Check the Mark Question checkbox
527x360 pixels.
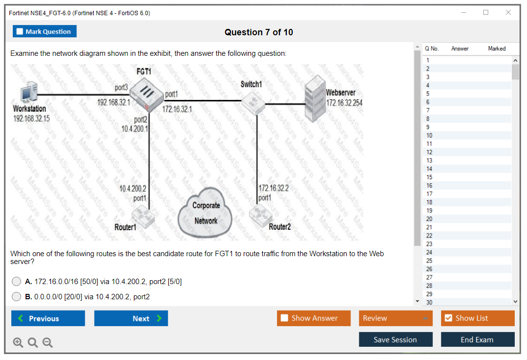20,32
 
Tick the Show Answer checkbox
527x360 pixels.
285,318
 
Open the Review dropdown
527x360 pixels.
396,318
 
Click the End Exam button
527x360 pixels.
477,339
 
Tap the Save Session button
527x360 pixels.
396,339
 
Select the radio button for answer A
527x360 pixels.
17,282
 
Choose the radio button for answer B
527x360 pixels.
17,296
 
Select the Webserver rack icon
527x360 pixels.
314,101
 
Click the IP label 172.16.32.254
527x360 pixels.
344,102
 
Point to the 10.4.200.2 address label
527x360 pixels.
133,189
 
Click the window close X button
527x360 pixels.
508,12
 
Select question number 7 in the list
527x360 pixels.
427,110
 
